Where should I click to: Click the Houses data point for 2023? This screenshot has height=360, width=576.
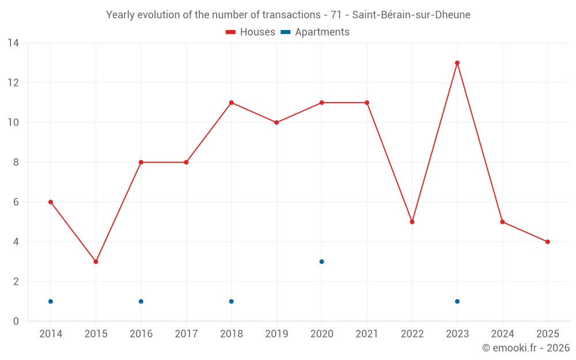(457, 63)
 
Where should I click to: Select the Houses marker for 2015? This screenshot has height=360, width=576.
(96, 262)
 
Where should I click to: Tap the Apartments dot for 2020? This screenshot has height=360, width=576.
(321, 262)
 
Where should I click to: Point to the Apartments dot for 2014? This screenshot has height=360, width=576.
(51, 301)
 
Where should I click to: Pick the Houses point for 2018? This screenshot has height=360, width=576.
(231, 103)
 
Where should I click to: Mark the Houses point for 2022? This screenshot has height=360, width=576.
(412, 222)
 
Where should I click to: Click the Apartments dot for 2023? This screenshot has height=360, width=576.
(457, 301)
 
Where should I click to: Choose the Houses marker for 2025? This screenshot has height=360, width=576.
(547, 242)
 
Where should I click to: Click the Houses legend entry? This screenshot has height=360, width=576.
(251, 32)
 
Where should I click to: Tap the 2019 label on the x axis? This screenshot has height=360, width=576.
(276, 334)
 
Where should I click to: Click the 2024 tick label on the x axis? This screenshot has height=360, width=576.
(502, 334)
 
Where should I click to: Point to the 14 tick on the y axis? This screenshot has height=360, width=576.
(13, 43)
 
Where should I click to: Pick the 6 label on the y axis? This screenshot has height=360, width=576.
(16, 202)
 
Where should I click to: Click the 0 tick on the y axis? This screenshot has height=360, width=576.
(16, 321)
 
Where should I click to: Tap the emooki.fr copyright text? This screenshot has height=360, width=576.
(526, 348)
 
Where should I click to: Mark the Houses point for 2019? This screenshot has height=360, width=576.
(276, 123)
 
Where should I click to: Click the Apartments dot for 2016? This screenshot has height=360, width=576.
(141, 301)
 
